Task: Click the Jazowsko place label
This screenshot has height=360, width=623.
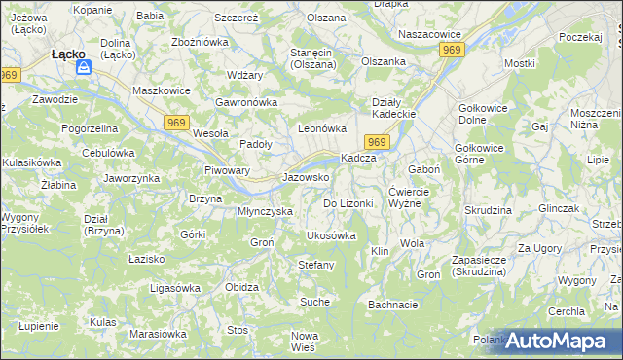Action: [x=306, y=178]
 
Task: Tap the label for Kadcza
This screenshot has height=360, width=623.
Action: [x=357, y=159]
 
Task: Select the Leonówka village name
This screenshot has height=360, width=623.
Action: [x=322, y=128]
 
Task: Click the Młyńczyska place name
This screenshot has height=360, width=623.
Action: [x=266, y=211]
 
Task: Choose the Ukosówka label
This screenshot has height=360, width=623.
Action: [x=331, y=235]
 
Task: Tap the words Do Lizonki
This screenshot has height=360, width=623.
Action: [x=348, y=203]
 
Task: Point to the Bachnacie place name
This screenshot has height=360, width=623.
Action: [x=393, y=305]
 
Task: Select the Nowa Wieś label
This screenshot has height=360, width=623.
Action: [x=305, y=342]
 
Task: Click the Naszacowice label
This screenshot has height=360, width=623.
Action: [x=429, y=34]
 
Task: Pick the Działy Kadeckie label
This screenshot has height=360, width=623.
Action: [x=394, y=108]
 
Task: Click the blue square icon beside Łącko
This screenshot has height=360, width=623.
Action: [x=84, y=68]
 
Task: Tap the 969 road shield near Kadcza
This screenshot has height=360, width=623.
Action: [x=379, y=143]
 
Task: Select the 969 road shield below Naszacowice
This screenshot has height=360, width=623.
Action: [x=451, y=49]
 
